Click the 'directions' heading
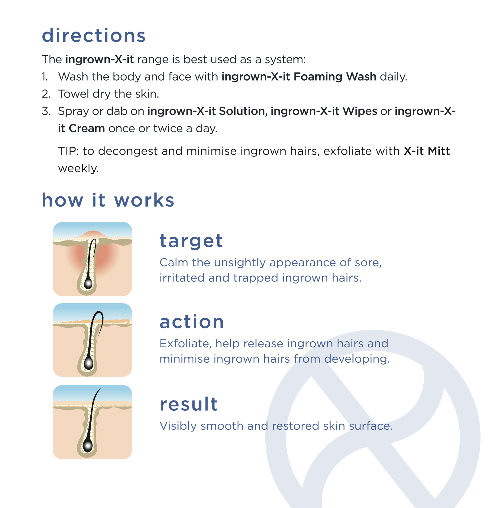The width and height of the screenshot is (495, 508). point(94,36)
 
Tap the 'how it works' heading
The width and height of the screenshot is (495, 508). point(108,200)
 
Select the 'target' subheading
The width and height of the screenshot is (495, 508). point(191,241)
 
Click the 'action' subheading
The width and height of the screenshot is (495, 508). point(192,322)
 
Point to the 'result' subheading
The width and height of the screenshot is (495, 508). point(189,404)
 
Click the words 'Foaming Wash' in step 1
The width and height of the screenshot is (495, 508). point(335,77)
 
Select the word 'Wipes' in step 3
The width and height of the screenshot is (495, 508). point(360,111)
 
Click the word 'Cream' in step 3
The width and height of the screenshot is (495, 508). point(87,128)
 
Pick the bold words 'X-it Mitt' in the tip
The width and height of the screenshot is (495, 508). point(427,151)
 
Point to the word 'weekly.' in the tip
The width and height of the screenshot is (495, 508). point(79,168)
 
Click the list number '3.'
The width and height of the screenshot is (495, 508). point(46,111)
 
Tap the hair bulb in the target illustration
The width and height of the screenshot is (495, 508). point(88,284)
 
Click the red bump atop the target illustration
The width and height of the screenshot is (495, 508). point(94,234)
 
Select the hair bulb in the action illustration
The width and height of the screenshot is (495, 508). point(89,364)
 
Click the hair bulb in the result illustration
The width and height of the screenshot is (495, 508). point(88,446)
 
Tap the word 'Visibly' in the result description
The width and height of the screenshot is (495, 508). point(178,426)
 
